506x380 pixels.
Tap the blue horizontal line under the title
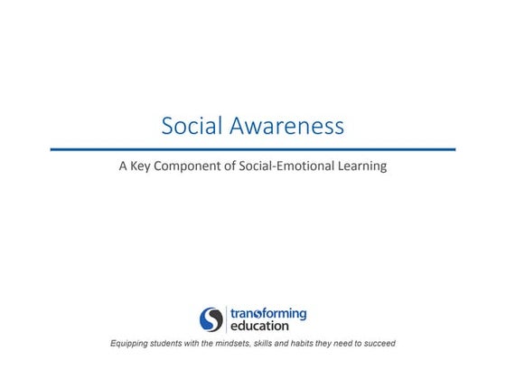point(253,149)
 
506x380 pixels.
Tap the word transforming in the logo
point(267,314)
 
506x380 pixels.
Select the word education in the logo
point(259,326)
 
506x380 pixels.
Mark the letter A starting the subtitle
point(125,166)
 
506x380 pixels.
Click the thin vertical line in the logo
point(225,319)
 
